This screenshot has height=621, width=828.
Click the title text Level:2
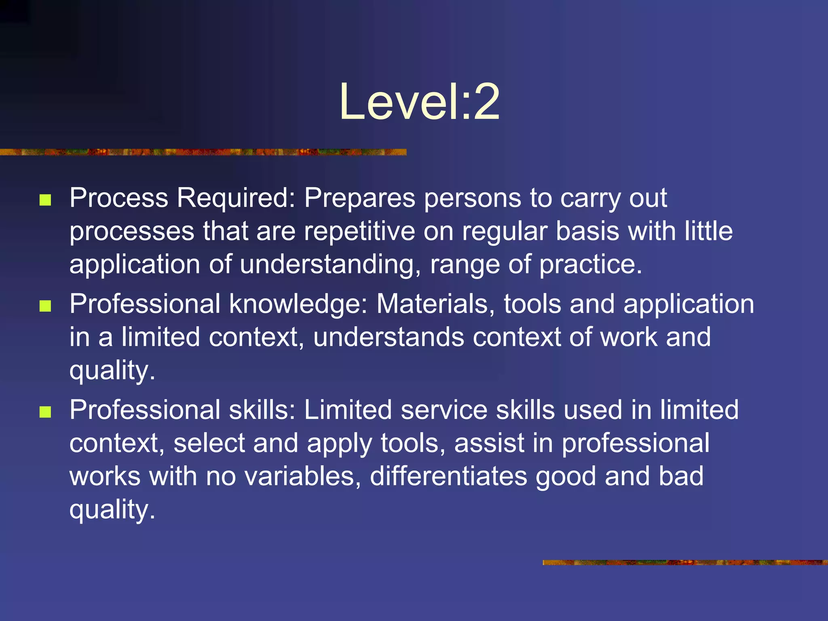click(419, 102)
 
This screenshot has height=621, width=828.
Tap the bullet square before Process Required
click(45, 200)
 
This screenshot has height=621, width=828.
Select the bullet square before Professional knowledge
click(45, 306)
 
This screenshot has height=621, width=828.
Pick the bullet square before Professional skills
click(45, 412)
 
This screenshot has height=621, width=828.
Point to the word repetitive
click(359, 232)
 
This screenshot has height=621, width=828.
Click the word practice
click(590, 265)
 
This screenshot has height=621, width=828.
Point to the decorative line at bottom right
click(685, 562)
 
